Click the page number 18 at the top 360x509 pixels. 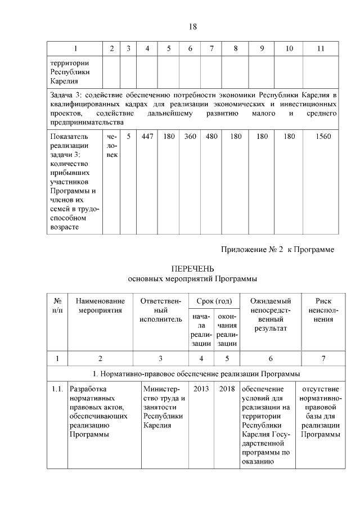[191, 26]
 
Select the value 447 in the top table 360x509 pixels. [147, 137]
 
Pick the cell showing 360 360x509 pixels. [190, 137]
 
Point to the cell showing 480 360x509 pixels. [211, 137]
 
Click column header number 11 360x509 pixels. [321, 49]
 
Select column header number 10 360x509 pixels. [289, 49]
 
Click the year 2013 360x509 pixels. [201, 389]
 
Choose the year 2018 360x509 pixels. [227, 389]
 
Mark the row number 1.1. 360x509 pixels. [57, 389]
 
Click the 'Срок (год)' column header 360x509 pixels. [214, 301]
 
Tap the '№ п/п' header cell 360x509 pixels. [57, 305]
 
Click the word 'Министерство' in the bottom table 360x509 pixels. [161, 393]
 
